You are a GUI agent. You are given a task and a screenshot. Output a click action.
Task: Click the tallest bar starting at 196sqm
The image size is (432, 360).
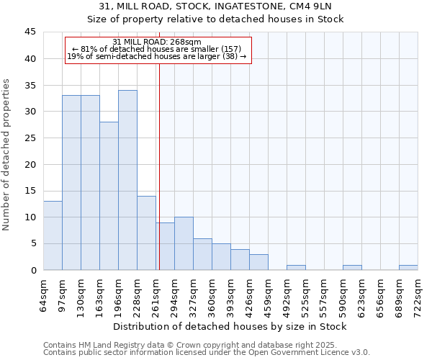point(127,180)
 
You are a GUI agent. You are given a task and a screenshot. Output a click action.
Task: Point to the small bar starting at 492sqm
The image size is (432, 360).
point(296,268)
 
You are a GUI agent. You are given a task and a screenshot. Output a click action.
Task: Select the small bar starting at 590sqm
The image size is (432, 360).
point(352,268)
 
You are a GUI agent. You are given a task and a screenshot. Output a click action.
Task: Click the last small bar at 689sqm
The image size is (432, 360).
point(408,268)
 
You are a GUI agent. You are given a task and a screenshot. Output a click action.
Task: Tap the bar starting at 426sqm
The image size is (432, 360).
point(258,262)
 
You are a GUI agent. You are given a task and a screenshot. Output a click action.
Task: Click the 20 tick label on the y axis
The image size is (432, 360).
point(30,164)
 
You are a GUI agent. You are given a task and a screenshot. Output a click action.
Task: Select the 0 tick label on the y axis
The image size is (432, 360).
point(33,270)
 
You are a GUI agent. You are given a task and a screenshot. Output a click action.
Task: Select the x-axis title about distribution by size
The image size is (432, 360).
point(230,326)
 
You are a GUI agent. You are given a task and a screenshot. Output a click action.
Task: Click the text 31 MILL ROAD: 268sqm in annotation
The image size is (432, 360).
point(157,42)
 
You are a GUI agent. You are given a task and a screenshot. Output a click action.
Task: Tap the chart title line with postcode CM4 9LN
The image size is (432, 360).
point(216,6)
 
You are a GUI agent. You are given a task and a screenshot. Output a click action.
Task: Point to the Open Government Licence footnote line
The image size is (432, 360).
point(207,353)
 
